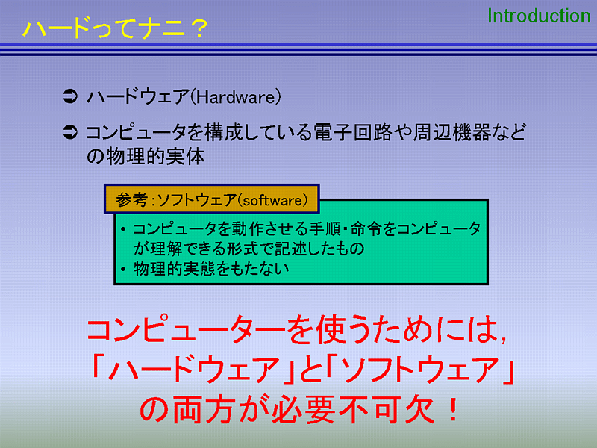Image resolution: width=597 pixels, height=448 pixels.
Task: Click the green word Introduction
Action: [x=539, y=16]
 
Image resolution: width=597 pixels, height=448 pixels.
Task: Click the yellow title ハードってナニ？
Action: [x=116, y=28]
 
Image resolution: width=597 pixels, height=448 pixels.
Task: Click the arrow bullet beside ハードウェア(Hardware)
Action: [x=70, y=96]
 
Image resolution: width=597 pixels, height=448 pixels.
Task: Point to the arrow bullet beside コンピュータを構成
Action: [x=70, y=132]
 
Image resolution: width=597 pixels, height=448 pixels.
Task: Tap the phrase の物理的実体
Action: [x=146, y=157]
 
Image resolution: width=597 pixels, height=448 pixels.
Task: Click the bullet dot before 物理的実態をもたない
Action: [x=123, y=270]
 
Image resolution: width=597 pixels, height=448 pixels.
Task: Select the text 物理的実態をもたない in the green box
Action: [x=211, y=269]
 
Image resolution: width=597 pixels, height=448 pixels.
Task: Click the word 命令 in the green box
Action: [x=366, y=228]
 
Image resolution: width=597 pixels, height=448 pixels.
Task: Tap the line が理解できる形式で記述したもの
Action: [x=249, y=249]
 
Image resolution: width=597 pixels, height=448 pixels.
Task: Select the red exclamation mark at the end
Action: [x=453, y=409]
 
